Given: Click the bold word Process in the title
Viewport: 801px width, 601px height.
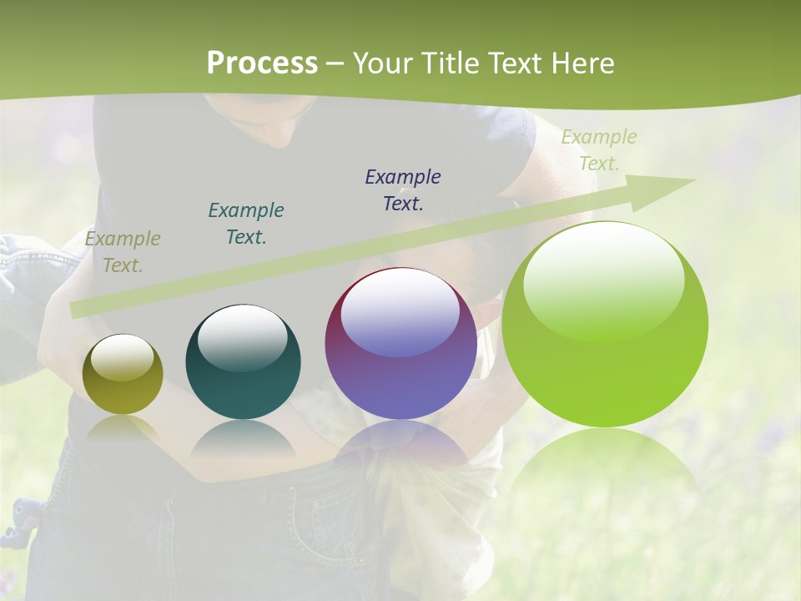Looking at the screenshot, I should point(262,63).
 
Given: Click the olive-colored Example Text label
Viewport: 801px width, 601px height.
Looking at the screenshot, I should point(122,252).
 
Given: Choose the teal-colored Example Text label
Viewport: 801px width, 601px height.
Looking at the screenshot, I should point(246,224).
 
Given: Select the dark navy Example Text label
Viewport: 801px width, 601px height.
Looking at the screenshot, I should point(403,190).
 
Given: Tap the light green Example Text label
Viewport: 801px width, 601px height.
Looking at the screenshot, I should point(598,150).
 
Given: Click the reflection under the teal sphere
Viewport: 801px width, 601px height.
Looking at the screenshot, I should point(243,442).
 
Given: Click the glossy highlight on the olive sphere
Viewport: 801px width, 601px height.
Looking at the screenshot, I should point(123,357).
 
